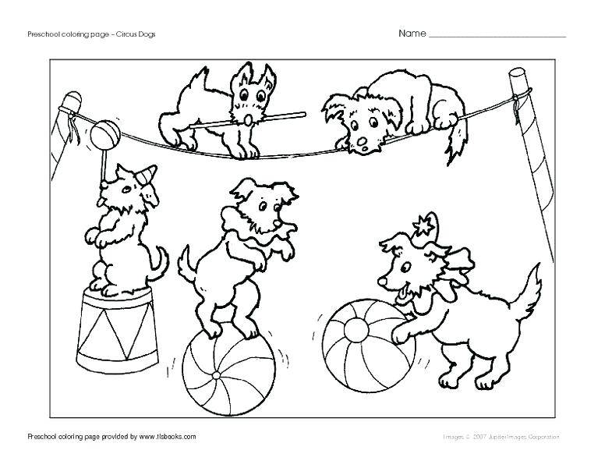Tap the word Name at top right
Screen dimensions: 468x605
[x=412, y=34]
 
